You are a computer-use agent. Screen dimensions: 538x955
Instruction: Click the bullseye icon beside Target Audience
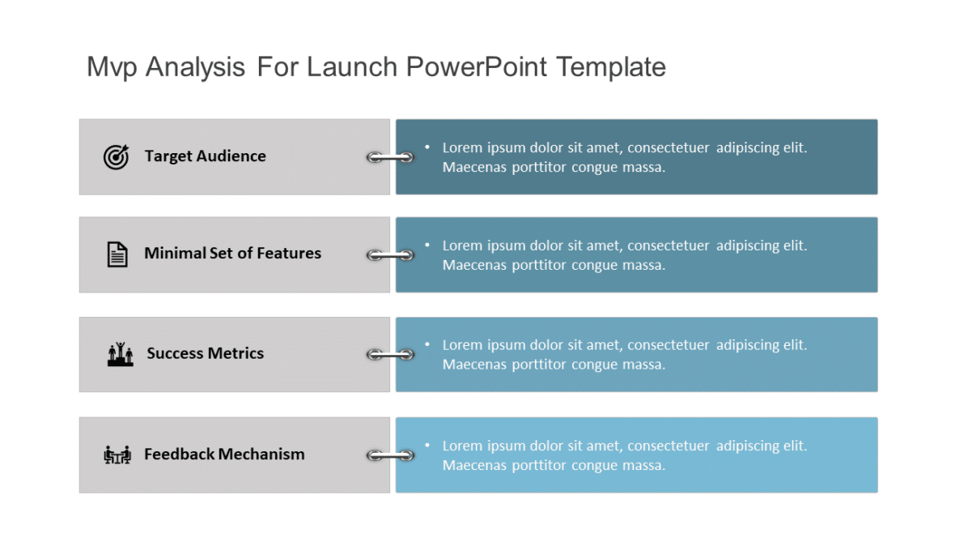click(116, 156)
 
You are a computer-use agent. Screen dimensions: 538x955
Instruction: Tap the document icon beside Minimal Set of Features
click(117, 254)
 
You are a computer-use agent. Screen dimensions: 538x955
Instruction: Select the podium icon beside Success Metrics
click(120, 354)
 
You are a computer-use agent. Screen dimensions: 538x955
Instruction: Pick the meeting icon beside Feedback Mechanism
click(117, 455)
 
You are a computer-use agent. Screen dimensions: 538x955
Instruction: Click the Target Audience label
click(205, 156)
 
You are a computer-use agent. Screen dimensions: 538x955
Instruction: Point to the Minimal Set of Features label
click(232, 254)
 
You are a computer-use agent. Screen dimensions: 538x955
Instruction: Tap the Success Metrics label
click(205, 353)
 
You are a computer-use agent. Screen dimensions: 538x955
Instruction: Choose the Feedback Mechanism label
click(224, 455)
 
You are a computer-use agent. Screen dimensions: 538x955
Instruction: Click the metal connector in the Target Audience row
click(391, 157)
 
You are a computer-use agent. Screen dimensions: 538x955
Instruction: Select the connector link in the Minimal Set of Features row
click(391, 255)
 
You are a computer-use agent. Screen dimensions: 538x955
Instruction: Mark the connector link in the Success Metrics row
click(391, 355)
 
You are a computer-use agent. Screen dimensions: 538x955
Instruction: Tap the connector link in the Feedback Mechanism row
click(391, 456)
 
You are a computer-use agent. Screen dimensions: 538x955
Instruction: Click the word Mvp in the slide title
click(112, 67)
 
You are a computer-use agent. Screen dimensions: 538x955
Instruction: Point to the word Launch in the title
click(352, 66)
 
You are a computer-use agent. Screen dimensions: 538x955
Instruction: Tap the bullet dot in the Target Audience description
click(427, 147)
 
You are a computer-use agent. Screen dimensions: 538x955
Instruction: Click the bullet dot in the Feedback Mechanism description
click(427, 446)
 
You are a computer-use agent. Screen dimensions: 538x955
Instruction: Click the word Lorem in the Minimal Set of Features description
click(460, 246)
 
